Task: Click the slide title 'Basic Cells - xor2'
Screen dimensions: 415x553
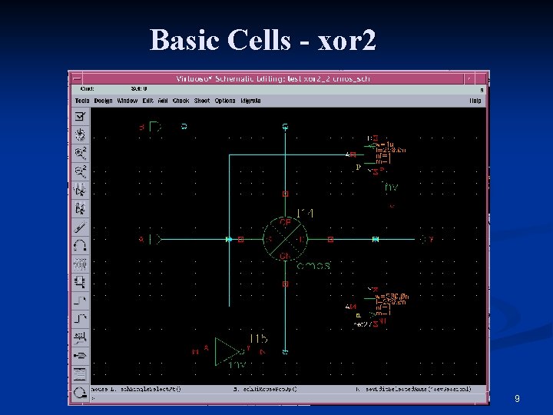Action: coord(263,39)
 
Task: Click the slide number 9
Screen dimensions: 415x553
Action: coord(517,399)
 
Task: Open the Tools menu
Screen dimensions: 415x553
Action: coord(82,101)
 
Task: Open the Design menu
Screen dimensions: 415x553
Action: coord(104,101)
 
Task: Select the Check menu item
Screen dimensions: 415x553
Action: coord(180,101)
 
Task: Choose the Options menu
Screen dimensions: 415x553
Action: coord(225,101)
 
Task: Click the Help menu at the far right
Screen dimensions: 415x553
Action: coord(475,101)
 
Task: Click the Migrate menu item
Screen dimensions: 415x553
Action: coord(250,101)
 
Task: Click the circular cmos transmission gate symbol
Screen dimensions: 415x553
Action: coord(285,240)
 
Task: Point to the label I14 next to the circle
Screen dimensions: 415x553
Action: coord(305,213)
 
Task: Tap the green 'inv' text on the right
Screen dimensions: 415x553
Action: coord(391,187)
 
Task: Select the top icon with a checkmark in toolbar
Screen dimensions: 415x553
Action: coord(80,117)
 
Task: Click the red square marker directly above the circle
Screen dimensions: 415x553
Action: coord(285,194)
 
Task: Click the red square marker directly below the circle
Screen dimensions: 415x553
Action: coord(285,284)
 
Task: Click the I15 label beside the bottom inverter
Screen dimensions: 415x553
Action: coord(258,339)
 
